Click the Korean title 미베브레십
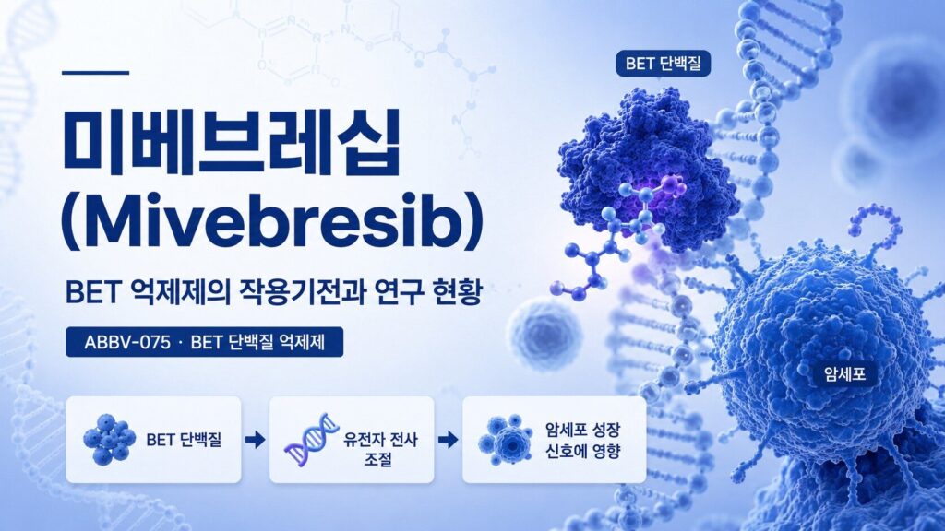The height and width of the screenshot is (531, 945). (231, 143)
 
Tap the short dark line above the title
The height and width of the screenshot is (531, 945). (96, 73)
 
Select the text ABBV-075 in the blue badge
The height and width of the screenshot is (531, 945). (127, 343)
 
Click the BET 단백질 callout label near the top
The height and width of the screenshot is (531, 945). (663, 64)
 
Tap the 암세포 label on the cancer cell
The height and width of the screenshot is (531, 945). (844, 374)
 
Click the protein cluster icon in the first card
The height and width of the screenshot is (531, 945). (109, 440)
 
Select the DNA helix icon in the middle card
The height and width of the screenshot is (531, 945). (312, 441)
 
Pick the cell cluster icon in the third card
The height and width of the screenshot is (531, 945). (505, 440)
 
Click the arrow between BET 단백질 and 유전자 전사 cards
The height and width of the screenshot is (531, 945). (256, 440)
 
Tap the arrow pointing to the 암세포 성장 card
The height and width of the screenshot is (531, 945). (448, 440)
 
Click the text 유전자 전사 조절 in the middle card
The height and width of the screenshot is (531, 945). (379, 449)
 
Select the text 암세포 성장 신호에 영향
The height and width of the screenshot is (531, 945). (583, 440)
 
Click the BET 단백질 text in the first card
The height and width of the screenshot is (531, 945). (184, 440)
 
